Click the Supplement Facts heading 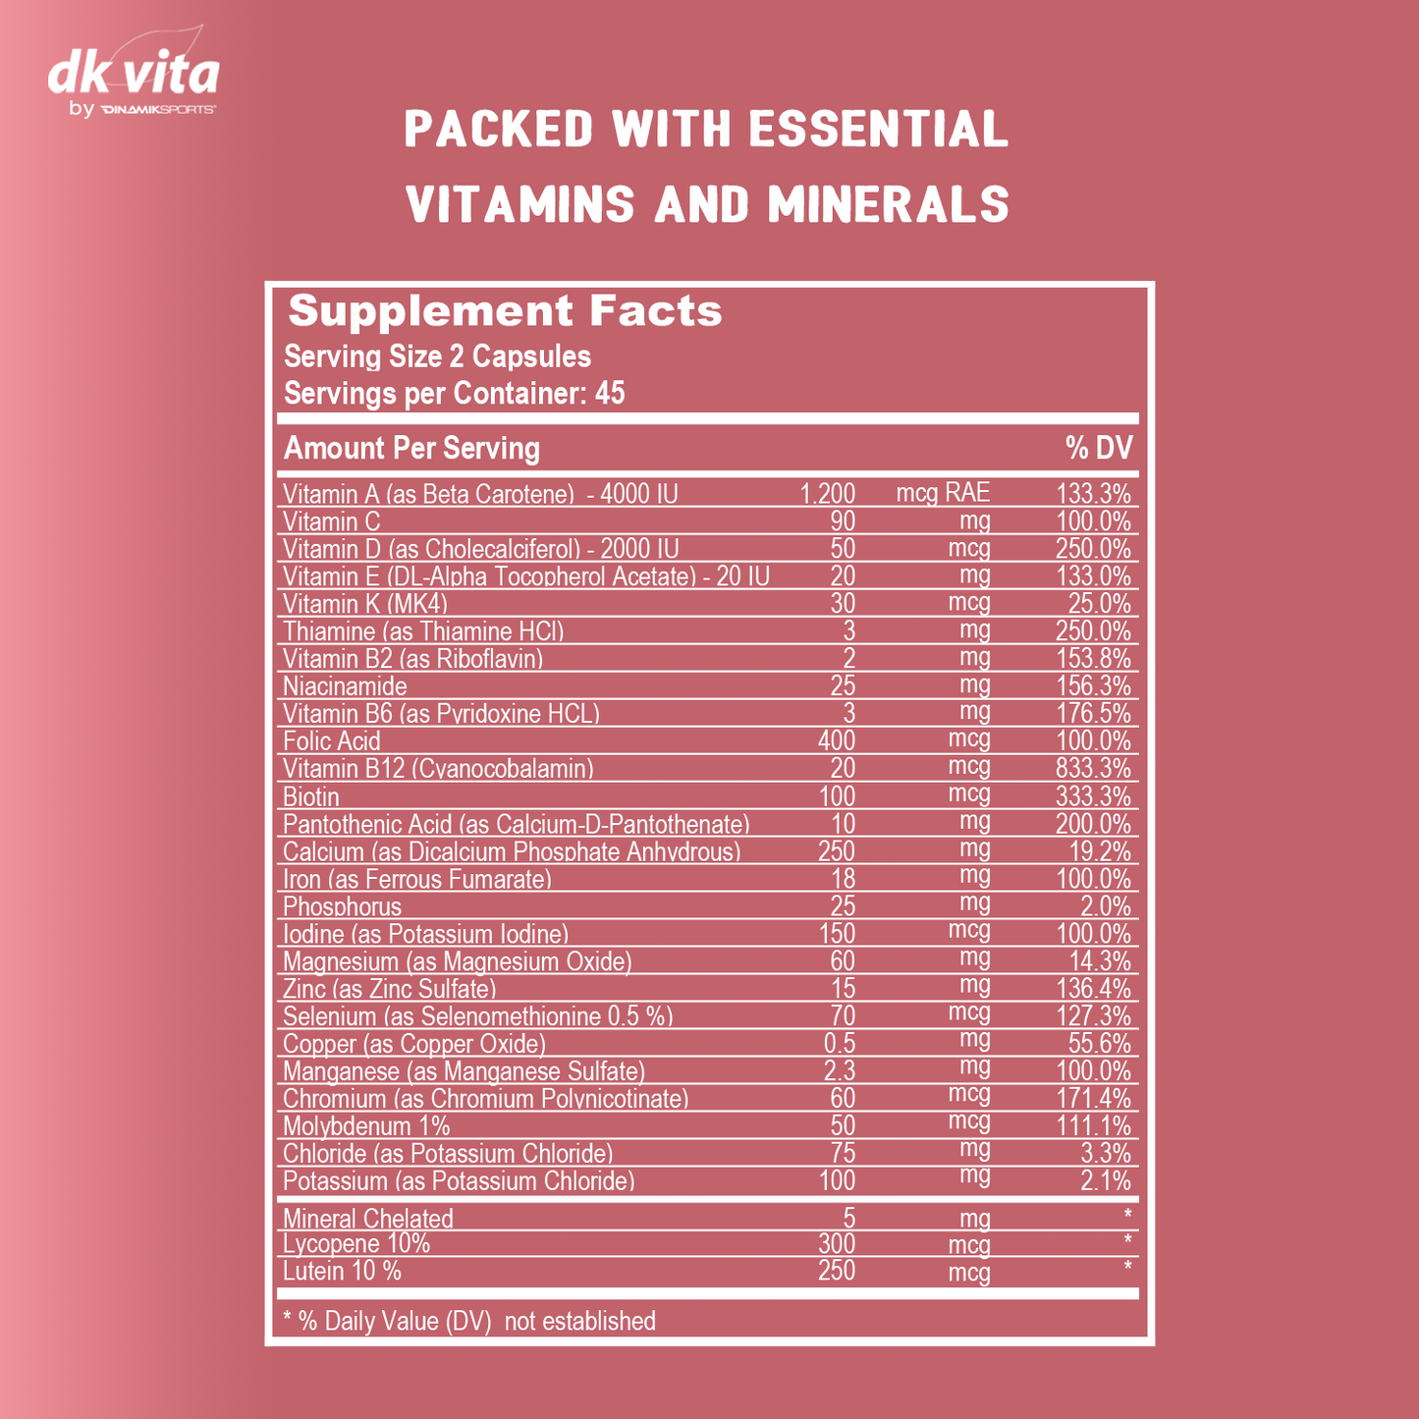tap(505, 311)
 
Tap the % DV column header tap(1099, 449)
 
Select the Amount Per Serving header tap(411, 449)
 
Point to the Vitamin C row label tap(331, 521)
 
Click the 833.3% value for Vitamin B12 tap(1093, 768)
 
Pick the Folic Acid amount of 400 tap(837, 740)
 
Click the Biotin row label tap(311, 796)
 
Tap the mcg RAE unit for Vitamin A tap(943, 493)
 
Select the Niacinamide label tap(345, 686)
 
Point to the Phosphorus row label tap(342, 906)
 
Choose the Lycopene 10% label tap(356, 1244)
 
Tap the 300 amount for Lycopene tap(837, 1244)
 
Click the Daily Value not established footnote tap(469, 1322)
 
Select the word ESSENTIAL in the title tap(878, 130)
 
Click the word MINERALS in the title tap(888, 204)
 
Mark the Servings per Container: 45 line tap(455, 394)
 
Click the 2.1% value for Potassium tap(1106, 1181)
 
